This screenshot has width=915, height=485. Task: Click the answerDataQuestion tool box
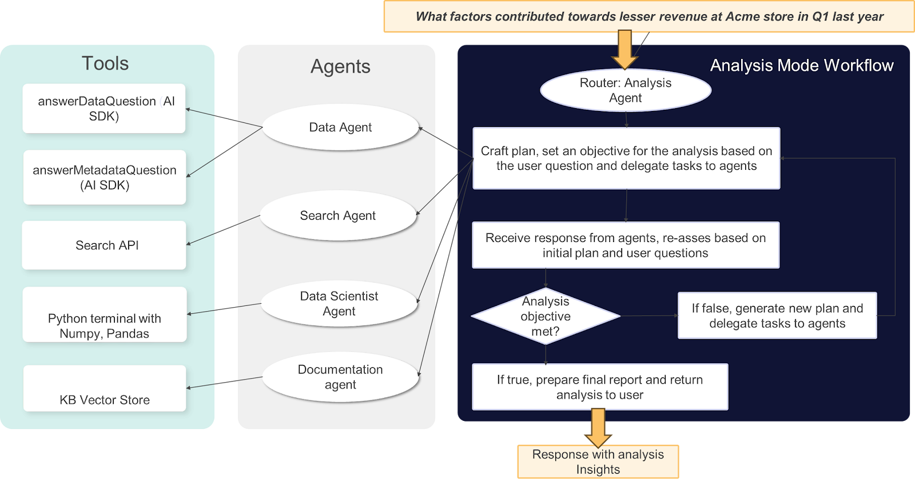(x=104, y=109)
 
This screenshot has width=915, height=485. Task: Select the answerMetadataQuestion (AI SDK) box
(x=105, y=177)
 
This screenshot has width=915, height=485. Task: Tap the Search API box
(x=104, y=245)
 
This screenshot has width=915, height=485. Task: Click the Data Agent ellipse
(x=340, y=127)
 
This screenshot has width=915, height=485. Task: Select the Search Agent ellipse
(x=338, y=216)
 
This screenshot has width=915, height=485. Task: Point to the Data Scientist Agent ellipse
(x=339, y=304)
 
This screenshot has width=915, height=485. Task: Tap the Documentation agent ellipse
(x=340, y=377)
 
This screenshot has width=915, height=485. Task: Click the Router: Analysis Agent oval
(x=626, y=90)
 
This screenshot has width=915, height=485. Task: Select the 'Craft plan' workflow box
(x=626, y=158)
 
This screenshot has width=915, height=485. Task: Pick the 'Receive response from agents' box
(x=626, y=245)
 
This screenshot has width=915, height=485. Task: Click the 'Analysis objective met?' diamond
(x=546, y=316)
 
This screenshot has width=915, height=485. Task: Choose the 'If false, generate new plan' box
(x=777, y=316)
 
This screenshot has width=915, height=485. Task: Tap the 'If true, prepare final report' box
(x=600, y=387)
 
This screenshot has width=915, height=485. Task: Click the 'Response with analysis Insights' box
(x=598, y=462)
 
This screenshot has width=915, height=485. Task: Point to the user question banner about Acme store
(x=649, y=17)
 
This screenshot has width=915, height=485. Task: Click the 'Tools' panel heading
(x=105, y=63)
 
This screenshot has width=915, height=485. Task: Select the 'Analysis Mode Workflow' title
(x=802, y=66)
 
